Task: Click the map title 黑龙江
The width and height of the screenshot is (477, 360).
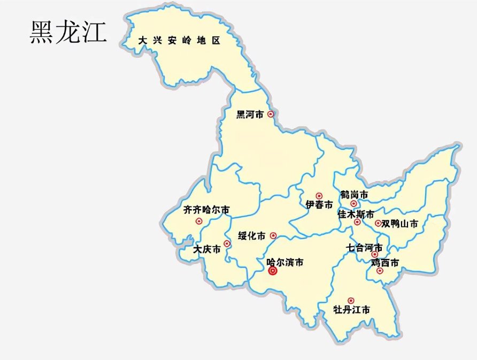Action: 67,33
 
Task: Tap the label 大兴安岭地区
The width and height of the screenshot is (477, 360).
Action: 179,41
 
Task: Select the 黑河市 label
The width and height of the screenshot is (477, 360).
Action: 250,114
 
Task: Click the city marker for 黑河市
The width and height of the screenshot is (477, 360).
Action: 271,114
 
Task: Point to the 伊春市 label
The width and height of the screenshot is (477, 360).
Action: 319,205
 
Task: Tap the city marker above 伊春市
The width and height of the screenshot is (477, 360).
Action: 319,196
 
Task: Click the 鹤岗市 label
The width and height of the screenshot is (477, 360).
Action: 354,194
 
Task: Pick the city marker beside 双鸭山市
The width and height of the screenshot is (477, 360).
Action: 378,224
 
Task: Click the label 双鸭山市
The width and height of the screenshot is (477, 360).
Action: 400,224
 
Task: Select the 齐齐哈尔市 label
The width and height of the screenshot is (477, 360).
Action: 206,210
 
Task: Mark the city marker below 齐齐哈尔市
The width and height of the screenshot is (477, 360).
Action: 199,221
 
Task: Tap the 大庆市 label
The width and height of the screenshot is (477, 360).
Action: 207,249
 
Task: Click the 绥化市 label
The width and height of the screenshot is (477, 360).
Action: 252,236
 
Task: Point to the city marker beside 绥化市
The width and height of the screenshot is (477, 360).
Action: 273,235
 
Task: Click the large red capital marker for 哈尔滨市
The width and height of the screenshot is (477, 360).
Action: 273,271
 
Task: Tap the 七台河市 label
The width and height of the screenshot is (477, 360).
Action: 364,248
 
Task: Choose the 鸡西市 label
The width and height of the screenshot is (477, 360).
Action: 384,263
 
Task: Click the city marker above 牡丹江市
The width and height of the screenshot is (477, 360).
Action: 351,301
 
